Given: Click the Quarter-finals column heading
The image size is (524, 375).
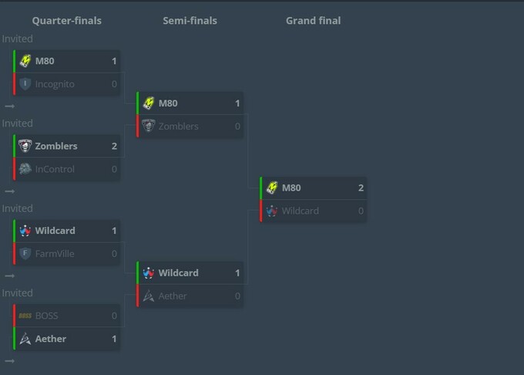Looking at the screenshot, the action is pyautogui.click(x=67, y=21).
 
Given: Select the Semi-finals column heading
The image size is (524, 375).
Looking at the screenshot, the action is pyautogui.click(x=190, y=21).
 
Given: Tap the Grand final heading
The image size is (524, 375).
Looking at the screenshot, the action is pyautogui.click(x=313, y=21).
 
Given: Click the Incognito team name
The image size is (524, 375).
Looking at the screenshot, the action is pyautogui.click(x=55, y=84).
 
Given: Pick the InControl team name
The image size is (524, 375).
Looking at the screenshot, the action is pyautogui.click(x=55, y=169).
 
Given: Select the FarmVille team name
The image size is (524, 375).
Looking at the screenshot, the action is pyautogui.click(x=55, y=254).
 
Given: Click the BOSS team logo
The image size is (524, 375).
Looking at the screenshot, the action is pyautogui.click(x=25, y=316).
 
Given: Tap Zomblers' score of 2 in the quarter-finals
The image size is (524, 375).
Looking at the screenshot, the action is pyautogui.click(x=114, y=146).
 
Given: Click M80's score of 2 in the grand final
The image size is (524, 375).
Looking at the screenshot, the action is pyautogui.click(x=361, y=188).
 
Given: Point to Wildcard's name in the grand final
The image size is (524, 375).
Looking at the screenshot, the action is pyautogui.click(x=300, y=211).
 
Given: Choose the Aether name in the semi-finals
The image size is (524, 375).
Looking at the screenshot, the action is pyautogui.click(x=173, y=296).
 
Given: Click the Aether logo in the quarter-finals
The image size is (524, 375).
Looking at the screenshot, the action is pyautogui.click(x=25, y=339).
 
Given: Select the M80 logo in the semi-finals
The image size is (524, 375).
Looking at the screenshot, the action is pyautogui.click(x=149, y=103).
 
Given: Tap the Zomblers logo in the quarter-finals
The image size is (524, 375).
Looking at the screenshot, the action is pyautogui.click(x=25, y=146).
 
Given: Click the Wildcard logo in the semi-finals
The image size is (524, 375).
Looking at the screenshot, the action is pyautogui.click(x=149, y=273).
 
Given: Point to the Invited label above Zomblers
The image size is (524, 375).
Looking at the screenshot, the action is pyautogui.click(x=18, y=123).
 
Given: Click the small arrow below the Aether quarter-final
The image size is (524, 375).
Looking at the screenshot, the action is pyautogui.click(x=10, y=361).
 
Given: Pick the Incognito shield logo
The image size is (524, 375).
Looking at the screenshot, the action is pyautogui.click(x=25, y=84).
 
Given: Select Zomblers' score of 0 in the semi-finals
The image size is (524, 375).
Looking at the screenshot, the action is pyautogui.click(x=237, y=127).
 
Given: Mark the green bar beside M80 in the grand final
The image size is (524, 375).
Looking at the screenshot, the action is pyautogui.click(x=261, y=188).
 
